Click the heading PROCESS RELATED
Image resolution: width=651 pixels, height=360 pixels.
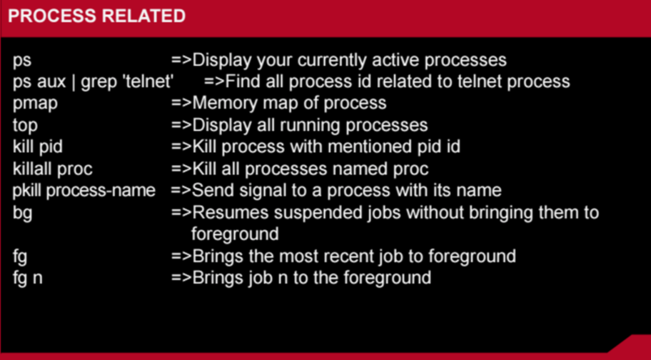coord(97,16)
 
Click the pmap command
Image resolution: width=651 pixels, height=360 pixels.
coord(35,104)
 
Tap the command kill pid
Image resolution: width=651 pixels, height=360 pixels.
coord(38,146)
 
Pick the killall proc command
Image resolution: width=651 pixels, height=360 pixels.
coord(53,169)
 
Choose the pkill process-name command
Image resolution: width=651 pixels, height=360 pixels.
coord(84,191)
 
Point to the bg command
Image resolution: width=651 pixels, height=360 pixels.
coord(22,213)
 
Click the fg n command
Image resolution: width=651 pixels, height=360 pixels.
coord(28,278)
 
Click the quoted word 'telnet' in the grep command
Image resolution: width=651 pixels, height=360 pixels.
coord(148,81)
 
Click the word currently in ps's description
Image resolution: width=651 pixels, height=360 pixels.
coord(332,61)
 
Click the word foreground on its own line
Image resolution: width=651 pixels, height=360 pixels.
coord(235,234)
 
